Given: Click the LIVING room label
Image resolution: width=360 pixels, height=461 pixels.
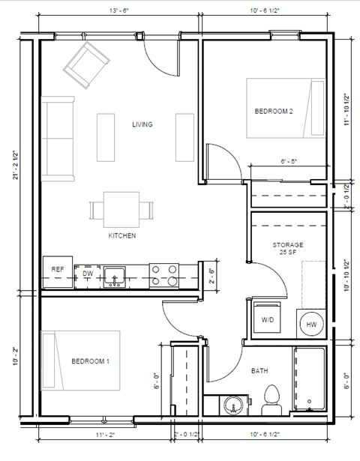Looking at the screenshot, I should (x=142, y=124).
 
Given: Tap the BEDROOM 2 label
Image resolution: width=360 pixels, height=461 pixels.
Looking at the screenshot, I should (x=273, y=112).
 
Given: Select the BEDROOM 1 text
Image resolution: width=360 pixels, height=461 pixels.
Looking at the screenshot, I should (x=90, y=361).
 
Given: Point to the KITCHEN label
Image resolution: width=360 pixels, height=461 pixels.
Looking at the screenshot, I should (x=121, y=235).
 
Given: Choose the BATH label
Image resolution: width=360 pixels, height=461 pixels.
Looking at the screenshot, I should (x=259, y=370).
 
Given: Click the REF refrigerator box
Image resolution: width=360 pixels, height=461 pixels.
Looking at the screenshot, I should (x=58, y=270).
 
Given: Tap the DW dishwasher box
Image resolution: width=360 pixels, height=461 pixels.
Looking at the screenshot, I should (x=88, y=274).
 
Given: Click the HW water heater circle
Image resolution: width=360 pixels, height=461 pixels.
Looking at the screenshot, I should (x=310, y=325).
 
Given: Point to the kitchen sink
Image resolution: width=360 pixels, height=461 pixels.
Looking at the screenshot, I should (x=115, y=276).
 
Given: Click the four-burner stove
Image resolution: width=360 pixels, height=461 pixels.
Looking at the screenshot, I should (x=164, y=275).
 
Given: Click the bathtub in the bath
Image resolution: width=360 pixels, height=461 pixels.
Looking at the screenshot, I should (x=309, y=379).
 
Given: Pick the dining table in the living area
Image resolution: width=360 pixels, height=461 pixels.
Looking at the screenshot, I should (x=121, y=209).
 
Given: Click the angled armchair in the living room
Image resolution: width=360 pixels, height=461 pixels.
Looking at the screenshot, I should (x=87, y=64).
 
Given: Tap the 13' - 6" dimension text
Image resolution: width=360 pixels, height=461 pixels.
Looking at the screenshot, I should (x=110, y=11).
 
